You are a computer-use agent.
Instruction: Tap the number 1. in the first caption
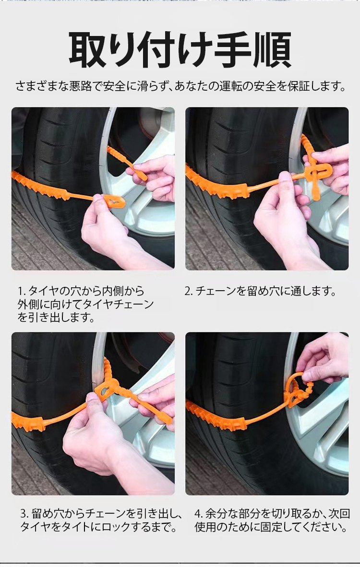click(22, 291)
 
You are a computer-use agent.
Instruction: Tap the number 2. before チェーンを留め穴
click(189, 291)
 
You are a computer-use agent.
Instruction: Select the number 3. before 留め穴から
click(24, 513)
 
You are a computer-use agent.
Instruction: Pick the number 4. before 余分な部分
click(199, 513)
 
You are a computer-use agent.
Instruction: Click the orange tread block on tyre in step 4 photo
click(216, 416)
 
